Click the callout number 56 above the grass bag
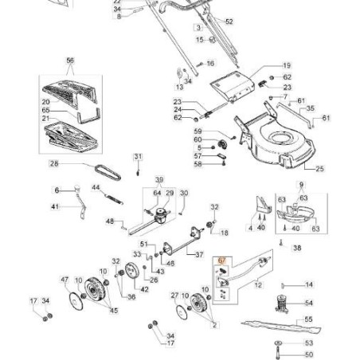(70, 61)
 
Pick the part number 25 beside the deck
(319, 170)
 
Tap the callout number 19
(288, 65)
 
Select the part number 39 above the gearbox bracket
(158, 180)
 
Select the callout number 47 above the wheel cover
(65, 280)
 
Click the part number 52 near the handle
(229, 22)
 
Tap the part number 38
(297, 248)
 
